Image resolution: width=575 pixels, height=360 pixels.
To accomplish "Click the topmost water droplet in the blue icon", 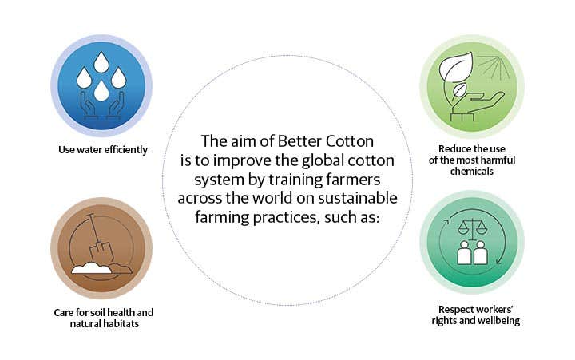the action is [101, 62].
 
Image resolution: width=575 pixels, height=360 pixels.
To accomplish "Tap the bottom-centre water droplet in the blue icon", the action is [101, 91].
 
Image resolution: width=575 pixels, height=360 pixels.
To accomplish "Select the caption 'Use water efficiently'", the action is [103, 150].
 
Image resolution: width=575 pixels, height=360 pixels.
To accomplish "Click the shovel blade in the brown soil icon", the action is [99, 252].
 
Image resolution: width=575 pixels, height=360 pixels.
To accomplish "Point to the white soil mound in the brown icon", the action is [91, 268].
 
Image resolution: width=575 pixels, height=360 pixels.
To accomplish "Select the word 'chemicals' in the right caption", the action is [472, 171].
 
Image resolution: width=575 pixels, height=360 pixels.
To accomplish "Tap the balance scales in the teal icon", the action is [472, 228].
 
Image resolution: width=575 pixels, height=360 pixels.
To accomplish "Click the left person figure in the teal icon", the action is [464, 253].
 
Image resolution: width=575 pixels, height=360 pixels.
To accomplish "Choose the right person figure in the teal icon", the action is [480, 253].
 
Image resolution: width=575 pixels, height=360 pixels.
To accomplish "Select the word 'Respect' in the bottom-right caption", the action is [455, 311].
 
